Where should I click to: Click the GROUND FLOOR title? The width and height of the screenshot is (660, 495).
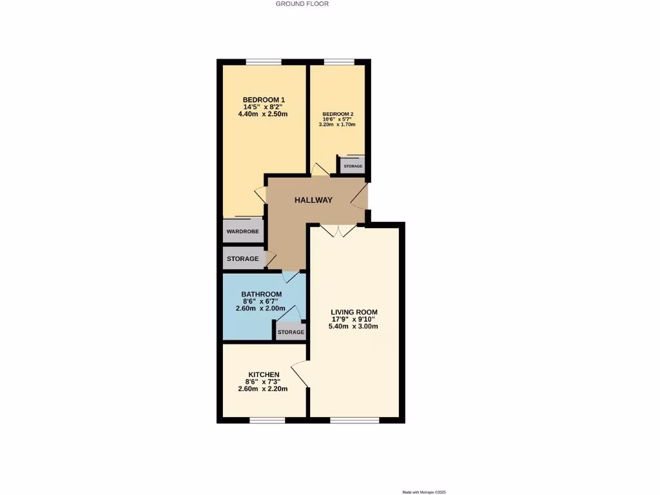pyautogui.click(x=302, y=4)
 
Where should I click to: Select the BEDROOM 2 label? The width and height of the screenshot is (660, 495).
pyautogui.click(x=338, y=114)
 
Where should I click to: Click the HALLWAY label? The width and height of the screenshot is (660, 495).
pyautogui.click(x=314, y=200)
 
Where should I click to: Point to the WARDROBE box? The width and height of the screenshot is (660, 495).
pyautogui.click(x=243, y=231)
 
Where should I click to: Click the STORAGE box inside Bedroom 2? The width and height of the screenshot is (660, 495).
pyautogui.click(x=353, y=166)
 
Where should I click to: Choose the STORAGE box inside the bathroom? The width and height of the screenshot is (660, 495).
pyautogui.click(x=291, y=332)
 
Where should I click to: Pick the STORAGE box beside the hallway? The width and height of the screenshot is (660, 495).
pyautogui.click(x=242, y=259)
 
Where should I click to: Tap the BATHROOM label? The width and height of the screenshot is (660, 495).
pyautogui.click(x=262, y=294)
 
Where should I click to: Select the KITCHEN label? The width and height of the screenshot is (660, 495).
pyautogui.click(x=264, y=374)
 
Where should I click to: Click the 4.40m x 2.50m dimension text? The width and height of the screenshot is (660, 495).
pyautogui.click(x=262, y=114)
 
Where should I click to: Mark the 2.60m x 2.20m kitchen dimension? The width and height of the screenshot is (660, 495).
pyautogui.click(x=263, y=389)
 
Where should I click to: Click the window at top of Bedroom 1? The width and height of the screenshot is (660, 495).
pyautogui.click(x=263, y=62)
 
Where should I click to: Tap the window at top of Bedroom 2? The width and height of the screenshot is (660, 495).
pyautogui.click(x=339, y=62)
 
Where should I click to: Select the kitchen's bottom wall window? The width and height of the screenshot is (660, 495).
pyautogui.click(x=267, y=420)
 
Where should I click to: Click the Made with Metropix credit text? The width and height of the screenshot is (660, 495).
pyautogui.click(x=424, y=492)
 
